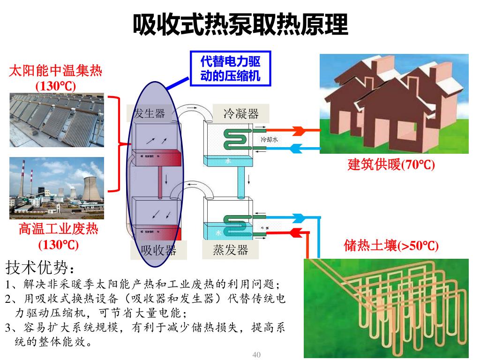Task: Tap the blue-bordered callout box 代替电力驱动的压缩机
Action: (x=230, y=68)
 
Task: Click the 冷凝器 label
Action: (x=241, y=113)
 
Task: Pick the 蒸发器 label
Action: (x=230, y=249)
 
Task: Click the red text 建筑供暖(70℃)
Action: (x=391, y=165)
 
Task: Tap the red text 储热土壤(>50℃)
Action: (x=391, y=246)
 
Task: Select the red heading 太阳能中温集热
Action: (x=55, y=71)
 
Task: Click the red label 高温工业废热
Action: (x=58, y=229)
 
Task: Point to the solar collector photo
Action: (x=57, y=119)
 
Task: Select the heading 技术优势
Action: (x=39, y=268)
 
